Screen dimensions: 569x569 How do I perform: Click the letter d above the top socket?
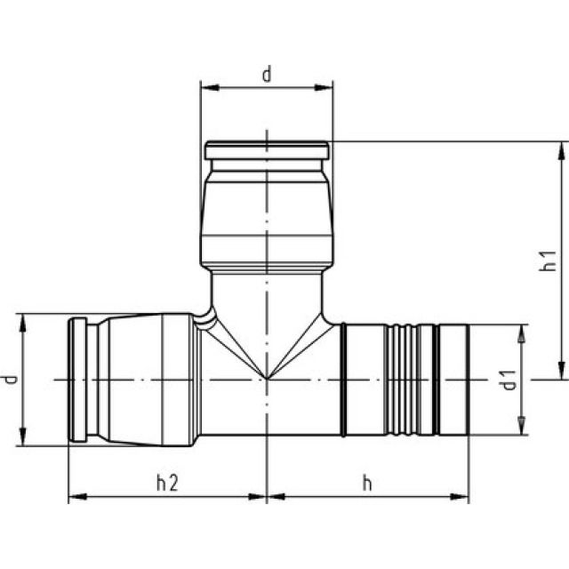pos(266,75)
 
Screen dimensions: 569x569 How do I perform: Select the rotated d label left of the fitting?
pos(10,380)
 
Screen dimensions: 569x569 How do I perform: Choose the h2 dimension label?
pos(167,483)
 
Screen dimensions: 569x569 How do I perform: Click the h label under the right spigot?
pos(366,483)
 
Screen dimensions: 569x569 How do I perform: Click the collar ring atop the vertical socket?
pos(267,150)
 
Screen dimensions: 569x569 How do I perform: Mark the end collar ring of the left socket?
pos(78,380)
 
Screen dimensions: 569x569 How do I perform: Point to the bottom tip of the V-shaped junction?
pos(267,379)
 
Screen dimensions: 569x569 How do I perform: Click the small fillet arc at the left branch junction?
pos(205,318)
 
